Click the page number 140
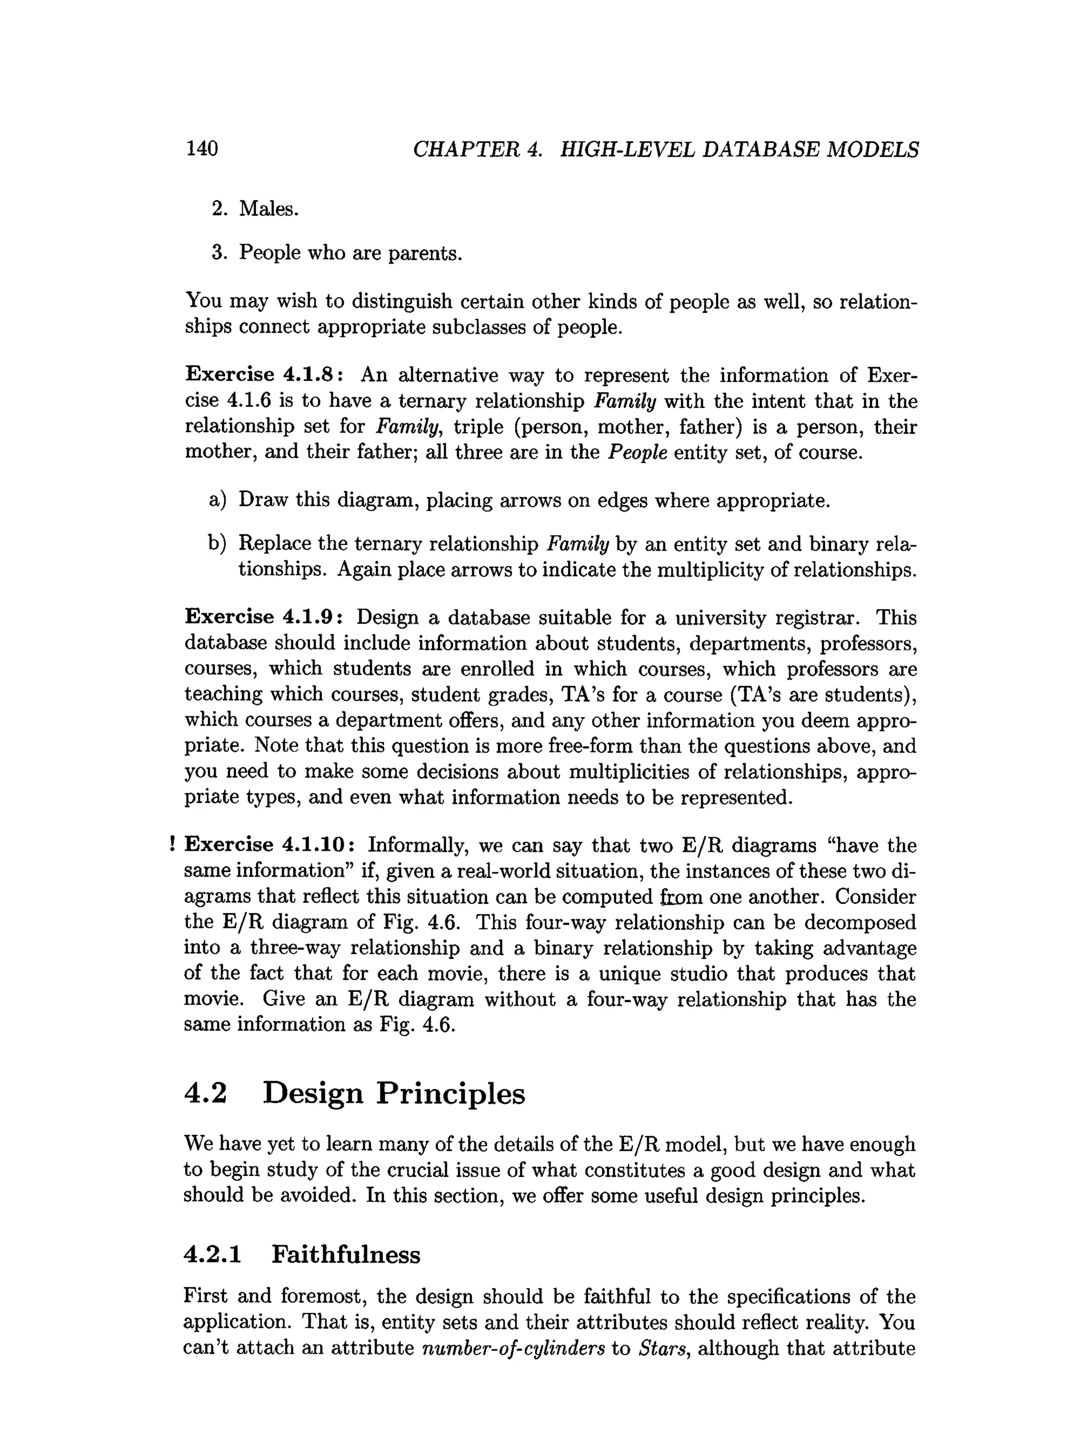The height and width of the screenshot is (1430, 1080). click(x=202, y=149)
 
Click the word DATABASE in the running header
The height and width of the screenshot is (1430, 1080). click(x=760, y=150)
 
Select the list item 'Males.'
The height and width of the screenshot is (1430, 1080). click(x=268, y=209)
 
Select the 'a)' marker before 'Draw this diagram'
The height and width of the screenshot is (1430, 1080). click(x=217, y=500)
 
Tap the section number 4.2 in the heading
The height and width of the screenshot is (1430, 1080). click(x=206, y=1094)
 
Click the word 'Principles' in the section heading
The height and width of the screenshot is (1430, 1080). click(x=451, y=1094)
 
